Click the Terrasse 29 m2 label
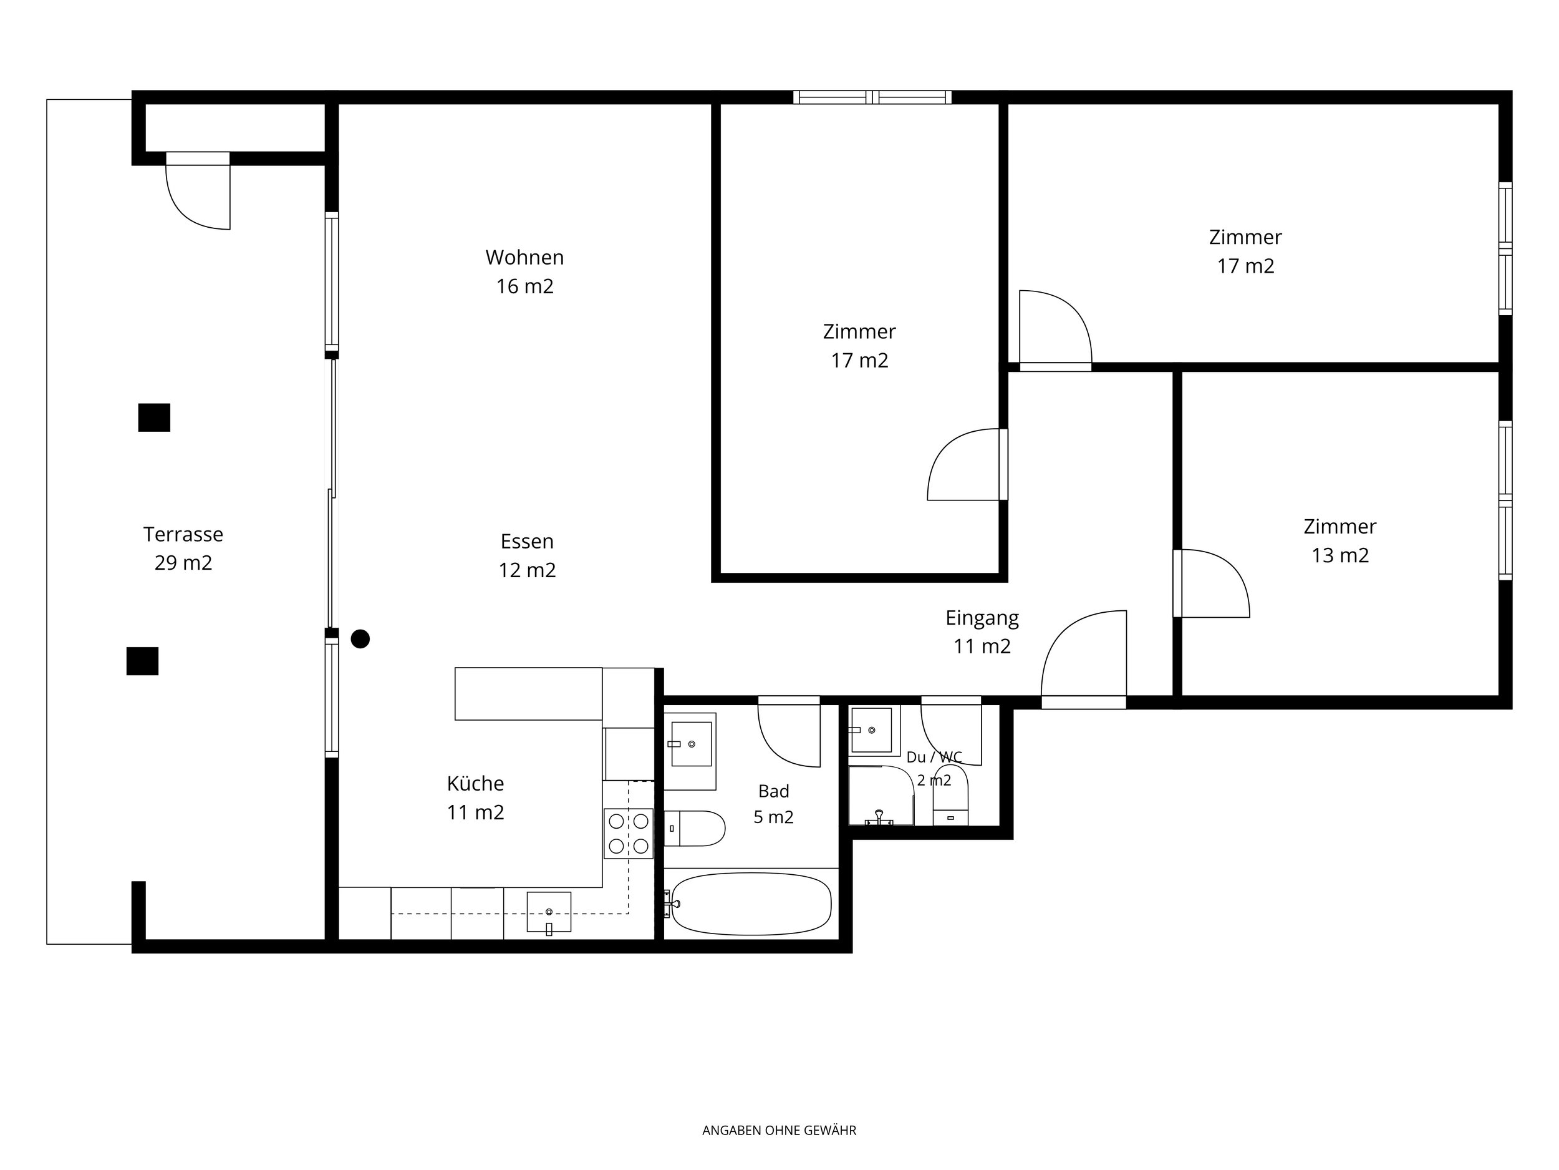183,548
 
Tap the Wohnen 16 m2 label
524,271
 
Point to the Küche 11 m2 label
476,797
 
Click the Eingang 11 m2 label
982,632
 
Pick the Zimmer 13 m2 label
1340,541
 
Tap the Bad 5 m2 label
774,804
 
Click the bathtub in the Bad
751,904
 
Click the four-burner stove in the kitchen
629,834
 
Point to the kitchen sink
549,912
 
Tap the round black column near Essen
360,639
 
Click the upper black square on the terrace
155,417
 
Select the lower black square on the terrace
142,661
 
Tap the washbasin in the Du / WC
872,730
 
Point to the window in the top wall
872,97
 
